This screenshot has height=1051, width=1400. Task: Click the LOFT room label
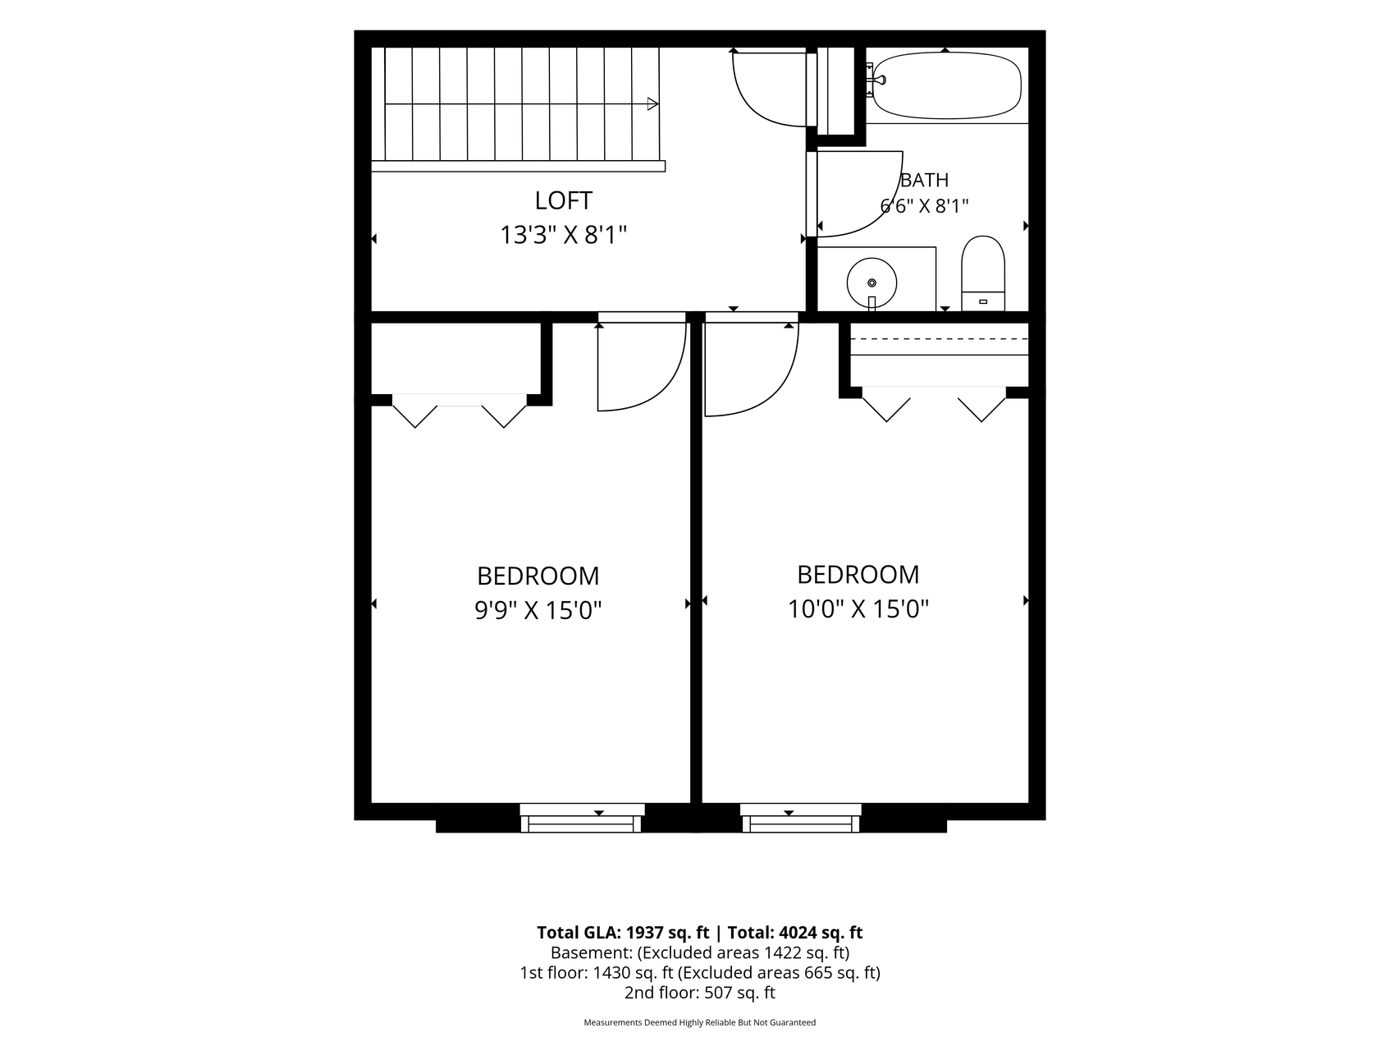[x=563, y=200]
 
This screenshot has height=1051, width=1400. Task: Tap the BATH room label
[x=925, y=180]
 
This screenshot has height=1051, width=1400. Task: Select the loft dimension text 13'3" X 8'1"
[x=564, y=236]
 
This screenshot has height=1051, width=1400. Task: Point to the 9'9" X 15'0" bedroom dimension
[x=538, y=610]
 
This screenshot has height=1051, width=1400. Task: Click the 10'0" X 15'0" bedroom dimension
[x=858, y=609]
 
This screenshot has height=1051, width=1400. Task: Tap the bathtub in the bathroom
[x=946, y=85]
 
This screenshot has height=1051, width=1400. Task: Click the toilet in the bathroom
[x=983, y=273]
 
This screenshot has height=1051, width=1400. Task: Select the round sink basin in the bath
[x=872, y=282]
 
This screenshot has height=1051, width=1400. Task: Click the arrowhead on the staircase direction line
[x=653, y=104]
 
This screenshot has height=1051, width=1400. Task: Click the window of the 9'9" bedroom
[x=582, y=818]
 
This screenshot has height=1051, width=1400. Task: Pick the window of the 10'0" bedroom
[x=800, y=818]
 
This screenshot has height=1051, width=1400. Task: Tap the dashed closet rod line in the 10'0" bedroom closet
[x=939, y=339]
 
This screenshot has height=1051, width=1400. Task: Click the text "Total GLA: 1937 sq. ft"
[x=623, y=933]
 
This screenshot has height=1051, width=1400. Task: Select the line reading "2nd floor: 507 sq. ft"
[x=700, y=993]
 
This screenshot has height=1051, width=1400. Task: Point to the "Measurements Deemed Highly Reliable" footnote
[x=700, y=1023]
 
